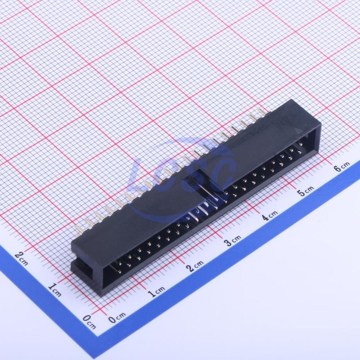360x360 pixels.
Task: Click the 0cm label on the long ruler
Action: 117,318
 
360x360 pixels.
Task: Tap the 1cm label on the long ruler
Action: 156,292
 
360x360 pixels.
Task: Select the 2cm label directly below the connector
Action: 195,266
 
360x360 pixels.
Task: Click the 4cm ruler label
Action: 270,215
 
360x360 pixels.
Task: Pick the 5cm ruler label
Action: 306,191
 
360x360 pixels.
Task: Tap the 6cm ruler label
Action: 342,167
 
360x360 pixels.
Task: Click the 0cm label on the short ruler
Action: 89,322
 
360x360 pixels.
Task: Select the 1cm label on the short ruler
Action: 55,290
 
